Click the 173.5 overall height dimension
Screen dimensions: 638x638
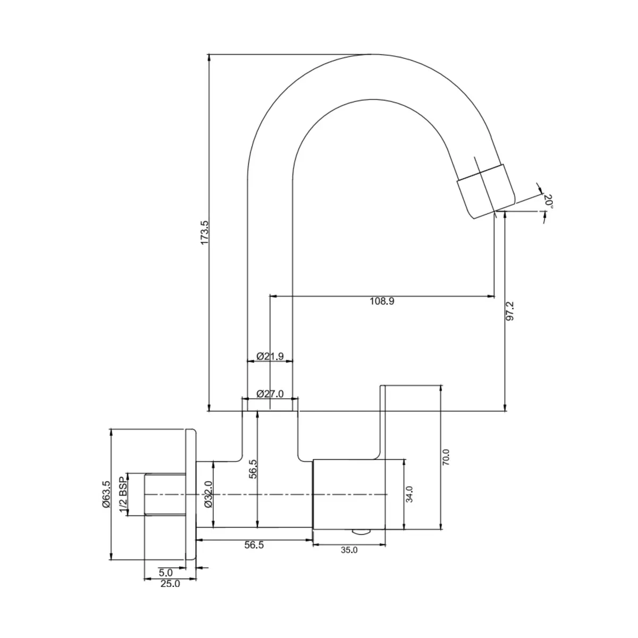(x=205, y=232)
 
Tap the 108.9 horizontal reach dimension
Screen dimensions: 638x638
(x=382, y=301)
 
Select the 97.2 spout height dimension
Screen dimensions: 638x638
(x=509, y=310)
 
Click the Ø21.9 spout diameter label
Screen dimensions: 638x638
(x=270, y=356)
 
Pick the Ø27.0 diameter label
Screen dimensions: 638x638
(x=270, y=394)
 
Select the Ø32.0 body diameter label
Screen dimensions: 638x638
(x=208, y=494)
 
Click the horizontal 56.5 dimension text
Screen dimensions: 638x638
(x=254, y=545)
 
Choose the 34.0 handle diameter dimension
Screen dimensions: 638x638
(x=409, y=494)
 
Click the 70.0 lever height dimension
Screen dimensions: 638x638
(x=446, y=457)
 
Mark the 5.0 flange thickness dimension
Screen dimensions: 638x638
(x=165, y=573)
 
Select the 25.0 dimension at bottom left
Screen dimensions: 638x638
(x=170, y=584)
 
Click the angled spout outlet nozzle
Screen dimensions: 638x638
(x=486, y=191)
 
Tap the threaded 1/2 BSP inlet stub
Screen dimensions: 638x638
(x=165, y=494)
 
